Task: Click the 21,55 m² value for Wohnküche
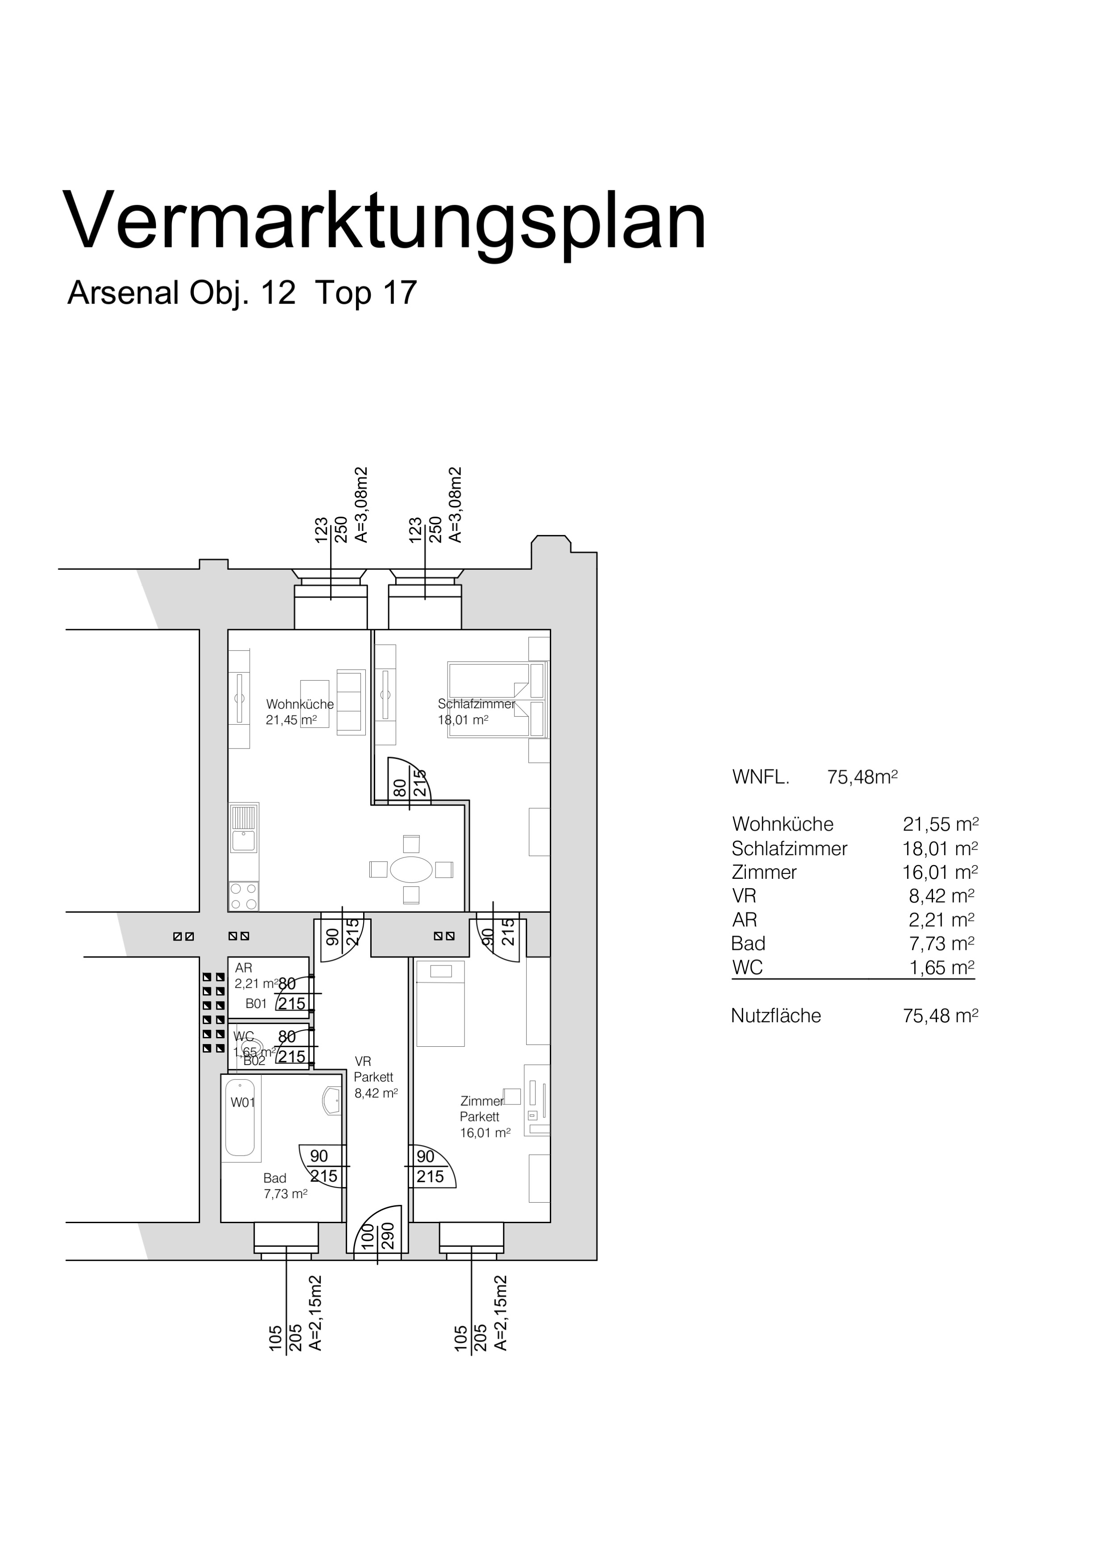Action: [x=940, y=824]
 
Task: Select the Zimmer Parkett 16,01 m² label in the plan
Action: [x=485, y=1117]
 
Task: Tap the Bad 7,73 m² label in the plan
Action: [x=285, y=1186]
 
